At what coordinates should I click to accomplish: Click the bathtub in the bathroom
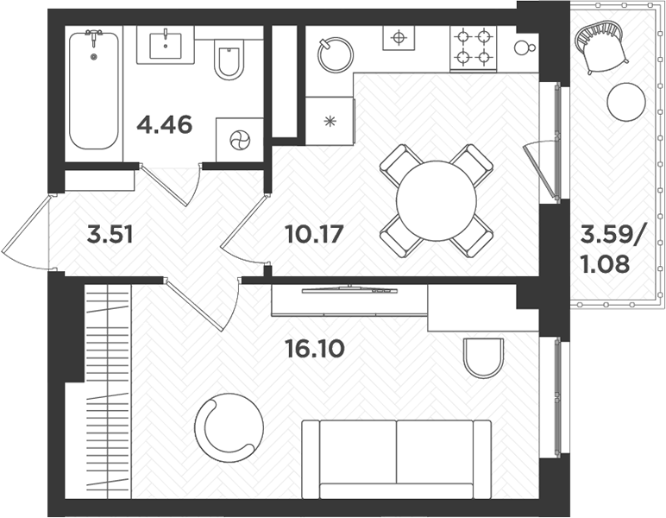[x=93, y=91]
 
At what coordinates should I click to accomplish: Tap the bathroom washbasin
[x=165, y=44]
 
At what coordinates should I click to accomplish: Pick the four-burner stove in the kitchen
[x=473, y=48]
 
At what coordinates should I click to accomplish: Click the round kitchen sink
[x=335, y=54]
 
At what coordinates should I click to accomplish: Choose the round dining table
[x=436, y=201]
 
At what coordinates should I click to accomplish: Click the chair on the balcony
[x=600, y=45]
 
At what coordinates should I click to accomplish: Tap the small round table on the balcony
[x=625, y=103]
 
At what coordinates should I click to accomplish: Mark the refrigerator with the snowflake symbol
[x=330, y=120]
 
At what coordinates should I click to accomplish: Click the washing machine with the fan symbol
[x=238, y=139]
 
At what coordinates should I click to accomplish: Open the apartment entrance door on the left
[x=26, y=231]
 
